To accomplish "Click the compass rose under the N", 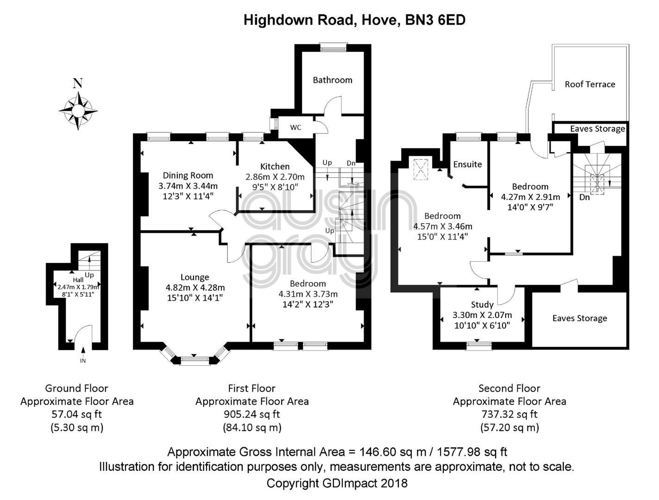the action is point(78,111).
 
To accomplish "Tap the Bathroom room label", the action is point(333,80).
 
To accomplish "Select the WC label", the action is point(295,127).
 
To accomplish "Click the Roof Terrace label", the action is point(590,84).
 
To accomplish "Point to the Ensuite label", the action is point(467,164).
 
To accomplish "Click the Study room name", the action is point(482,305).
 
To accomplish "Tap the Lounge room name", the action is point(195,277).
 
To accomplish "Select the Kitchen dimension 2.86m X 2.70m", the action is point(275,177).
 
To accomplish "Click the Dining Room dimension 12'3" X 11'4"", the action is point(188,196).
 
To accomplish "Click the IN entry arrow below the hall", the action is point(83,350).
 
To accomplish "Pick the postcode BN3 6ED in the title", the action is point(435,20).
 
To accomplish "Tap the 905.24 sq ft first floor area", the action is point(251,414).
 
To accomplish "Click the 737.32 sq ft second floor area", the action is point(509,414).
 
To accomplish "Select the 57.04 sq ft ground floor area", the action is point(76,414).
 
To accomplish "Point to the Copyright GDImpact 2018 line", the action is point(337,483).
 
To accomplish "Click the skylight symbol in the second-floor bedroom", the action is point(421,169).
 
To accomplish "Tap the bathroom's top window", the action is point(333,48).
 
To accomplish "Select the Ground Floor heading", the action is point(76,388).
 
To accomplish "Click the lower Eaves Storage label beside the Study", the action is point(579,318).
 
